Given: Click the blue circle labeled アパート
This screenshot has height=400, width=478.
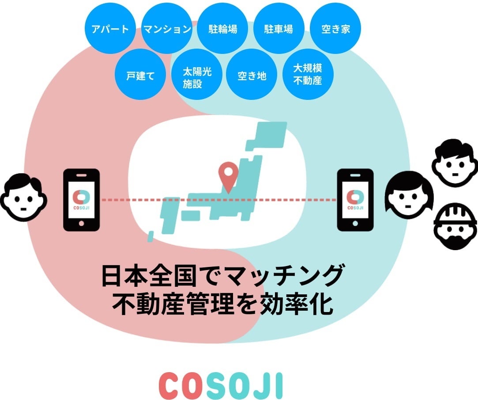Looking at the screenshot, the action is [x=110, y=30].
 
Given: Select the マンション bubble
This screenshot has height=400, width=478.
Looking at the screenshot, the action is [x=167, y=30].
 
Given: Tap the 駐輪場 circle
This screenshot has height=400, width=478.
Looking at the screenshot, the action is [x=223, y=30].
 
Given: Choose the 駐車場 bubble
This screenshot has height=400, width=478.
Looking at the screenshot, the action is [x=279, y=30].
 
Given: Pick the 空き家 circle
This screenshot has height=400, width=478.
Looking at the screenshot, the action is [x=336, y=30].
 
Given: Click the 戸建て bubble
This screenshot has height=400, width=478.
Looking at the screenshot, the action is [x=140, y=75].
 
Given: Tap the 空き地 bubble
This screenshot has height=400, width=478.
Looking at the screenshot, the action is [x=252, y=75].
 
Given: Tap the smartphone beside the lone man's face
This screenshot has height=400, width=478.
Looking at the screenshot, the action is [x=82, y=200].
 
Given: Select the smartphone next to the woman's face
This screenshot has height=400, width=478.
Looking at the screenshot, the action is [x=355, y=200].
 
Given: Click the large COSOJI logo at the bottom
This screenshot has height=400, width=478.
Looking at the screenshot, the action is [x=220, y=385].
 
